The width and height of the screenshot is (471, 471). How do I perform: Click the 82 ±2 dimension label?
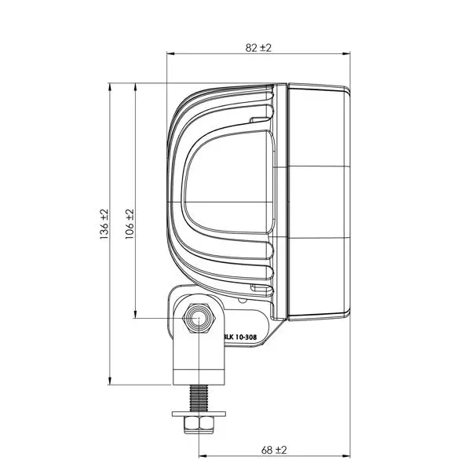[257, 47]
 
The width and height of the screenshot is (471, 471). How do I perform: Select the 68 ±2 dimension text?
[273, 450]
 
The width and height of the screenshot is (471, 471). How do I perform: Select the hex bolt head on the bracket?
[199, 319]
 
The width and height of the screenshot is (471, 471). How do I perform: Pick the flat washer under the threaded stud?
[199, 413]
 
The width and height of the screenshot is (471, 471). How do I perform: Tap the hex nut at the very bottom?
[199, 424]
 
